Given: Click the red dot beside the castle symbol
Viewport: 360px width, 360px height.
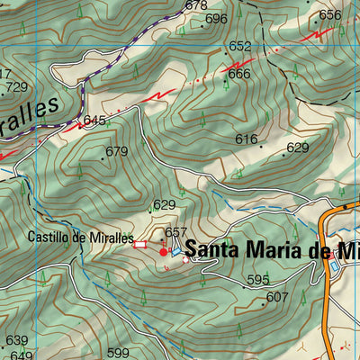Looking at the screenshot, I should coord(164,253).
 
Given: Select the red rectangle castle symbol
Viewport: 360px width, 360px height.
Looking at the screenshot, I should coord(139,243).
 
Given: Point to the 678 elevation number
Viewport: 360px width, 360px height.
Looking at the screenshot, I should coord(195,5).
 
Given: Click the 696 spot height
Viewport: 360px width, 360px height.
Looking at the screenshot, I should coord(216,18).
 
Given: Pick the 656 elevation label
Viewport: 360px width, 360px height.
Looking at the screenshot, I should coord(330,14).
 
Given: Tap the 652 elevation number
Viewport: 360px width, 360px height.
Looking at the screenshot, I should coord(239,46).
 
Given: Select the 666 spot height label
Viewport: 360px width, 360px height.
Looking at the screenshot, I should coord(238,74).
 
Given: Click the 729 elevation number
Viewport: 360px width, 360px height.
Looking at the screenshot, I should coord(16,87).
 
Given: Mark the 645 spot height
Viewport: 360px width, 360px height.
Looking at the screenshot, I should coord(94,120).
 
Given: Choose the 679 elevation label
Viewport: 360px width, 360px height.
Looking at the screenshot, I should coord(116,151).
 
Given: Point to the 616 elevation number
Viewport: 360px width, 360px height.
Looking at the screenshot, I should coord(247,139).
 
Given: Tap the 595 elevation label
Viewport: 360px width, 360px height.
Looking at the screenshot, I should coord(258,280).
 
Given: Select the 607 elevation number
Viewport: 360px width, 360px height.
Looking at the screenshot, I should coord(277,296).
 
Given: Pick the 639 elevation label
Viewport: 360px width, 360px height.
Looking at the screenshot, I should coord(17,340).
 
